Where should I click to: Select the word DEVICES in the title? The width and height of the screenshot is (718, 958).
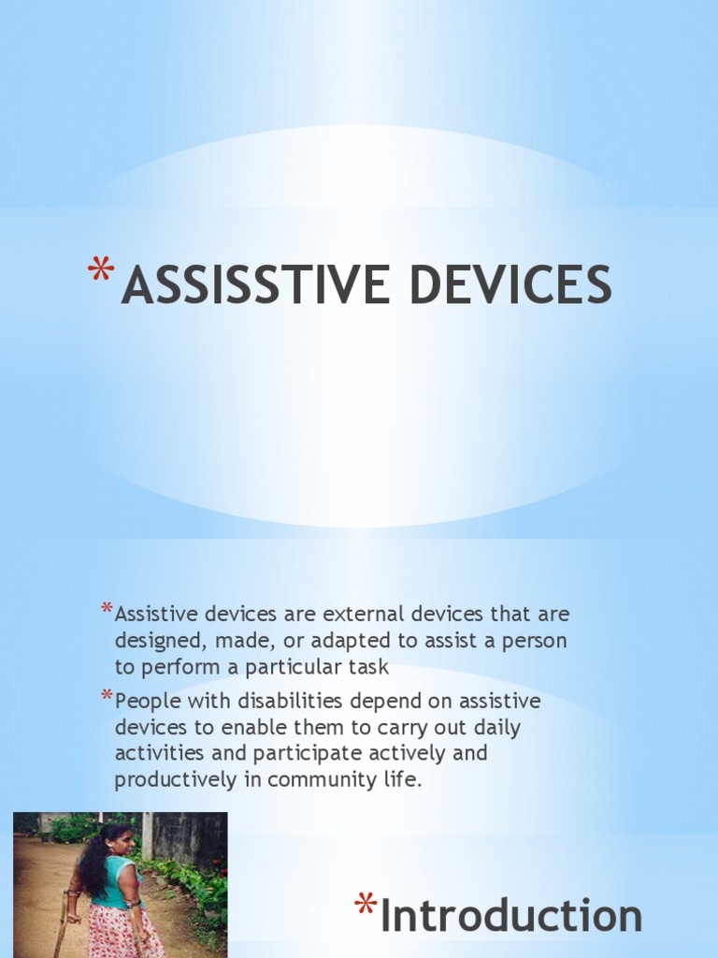[x=513, y=285]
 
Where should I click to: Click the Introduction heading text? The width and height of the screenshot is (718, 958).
[x=511, y=916]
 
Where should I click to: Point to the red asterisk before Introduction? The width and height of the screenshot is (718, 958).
[x=365, y=906]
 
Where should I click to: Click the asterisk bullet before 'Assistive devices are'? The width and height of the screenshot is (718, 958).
[x=107, y=611]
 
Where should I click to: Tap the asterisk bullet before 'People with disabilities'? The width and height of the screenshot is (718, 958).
[x=107, y=696]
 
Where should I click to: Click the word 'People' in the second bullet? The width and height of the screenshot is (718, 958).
[x=147, y=701]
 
